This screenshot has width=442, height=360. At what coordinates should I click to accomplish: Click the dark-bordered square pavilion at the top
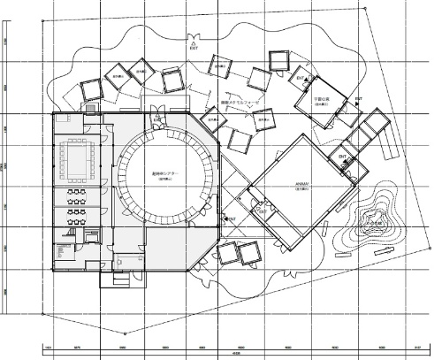click(280, 60)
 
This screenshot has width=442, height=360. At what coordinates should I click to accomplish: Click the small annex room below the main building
click(117, 280)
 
